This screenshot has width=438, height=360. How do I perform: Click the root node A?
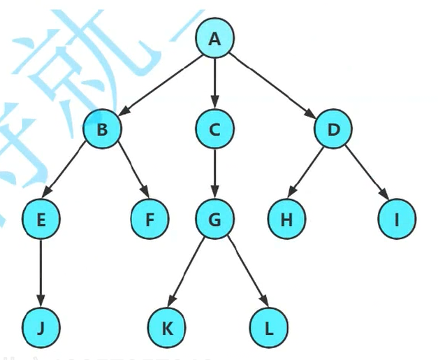214,40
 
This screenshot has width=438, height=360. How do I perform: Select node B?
102,129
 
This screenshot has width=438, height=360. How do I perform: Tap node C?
214,129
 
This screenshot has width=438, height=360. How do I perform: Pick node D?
333,129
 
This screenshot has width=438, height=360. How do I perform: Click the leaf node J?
41,326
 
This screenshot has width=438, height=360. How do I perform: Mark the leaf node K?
168,326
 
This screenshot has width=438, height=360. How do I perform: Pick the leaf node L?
268,326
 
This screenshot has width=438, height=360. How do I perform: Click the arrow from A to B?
159,84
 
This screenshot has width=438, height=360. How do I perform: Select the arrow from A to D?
272,84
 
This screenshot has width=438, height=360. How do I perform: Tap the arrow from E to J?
41,273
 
